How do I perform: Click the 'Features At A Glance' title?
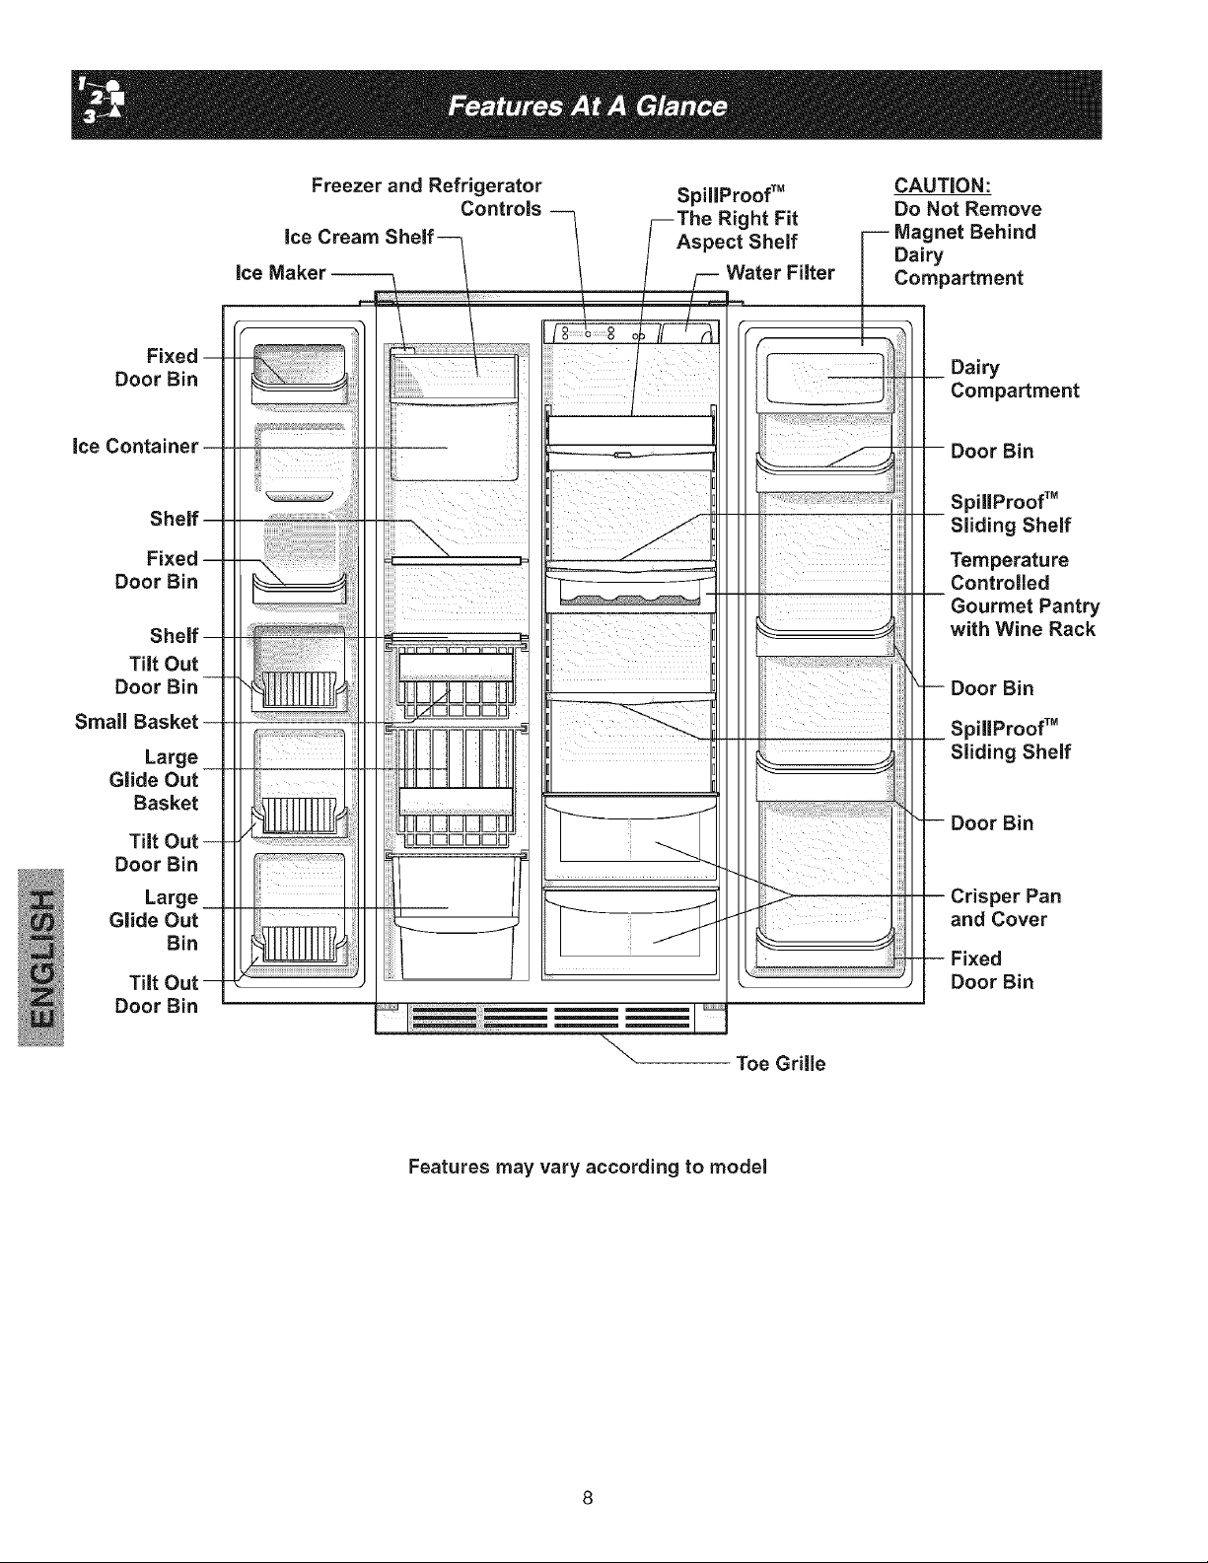tap(587, 107)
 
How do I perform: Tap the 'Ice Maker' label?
tap(280, 272)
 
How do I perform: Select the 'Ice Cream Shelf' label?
tap(359, 237)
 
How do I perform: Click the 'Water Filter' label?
tap(780, 272)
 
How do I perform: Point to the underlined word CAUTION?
tap(943, 185)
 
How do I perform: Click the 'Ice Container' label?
tap(135, 446)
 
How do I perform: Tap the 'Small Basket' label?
tap(136, 722)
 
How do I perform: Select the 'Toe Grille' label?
tap(780, 1063)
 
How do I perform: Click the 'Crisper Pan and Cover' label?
tap(1005, 907)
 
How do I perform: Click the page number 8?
tap(588, 1498)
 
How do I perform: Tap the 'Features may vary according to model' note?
tap(588, 1166)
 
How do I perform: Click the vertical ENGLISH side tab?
tap(41, 958)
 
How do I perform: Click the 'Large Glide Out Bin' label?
tap(153, 920)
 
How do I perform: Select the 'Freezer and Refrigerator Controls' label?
tap(426, 197)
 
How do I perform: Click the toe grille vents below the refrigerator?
tap(551, 1018)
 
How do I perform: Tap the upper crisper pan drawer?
tap(630, 838)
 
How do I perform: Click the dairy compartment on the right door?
tap(824, 379)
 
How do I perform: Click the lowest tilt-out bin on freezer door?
tap(299, 945)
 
